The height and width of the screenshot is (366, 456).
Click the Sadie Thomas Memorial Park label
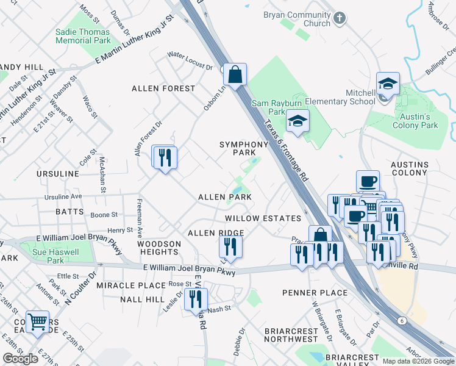(x=83, y=36)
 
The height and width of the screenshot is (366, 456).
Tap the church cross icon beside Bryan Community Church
(x=340, y=19)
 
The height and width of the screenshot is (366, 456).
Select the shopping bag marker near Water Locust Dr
(x=234, y=75)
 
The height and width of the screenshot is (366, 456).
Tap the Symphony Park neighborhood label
(x=244, y=148)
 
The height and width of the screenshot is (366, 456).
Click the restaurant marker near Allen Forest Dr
(x=165, y=158)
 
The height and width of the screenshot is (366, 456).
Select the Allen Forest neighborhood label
(x=163, y=88)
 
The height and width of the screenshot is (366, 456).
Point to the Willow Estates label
(x=263, y=218)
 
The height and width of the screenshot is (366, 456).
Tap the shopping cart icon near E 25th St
(x=38, y=321)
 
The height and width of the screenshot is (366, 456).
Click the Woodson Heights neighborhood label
(x=159, y=248)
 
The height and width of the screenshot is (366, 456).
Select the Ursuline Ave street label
(x=63, y=197)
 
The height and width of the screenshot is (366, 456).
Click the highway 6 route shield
(x=402, y=320)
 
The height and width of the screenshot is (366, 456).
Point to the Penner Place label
(x=315, y=293)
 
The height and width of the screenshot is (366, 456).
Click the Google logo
(x=20, y=359)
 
